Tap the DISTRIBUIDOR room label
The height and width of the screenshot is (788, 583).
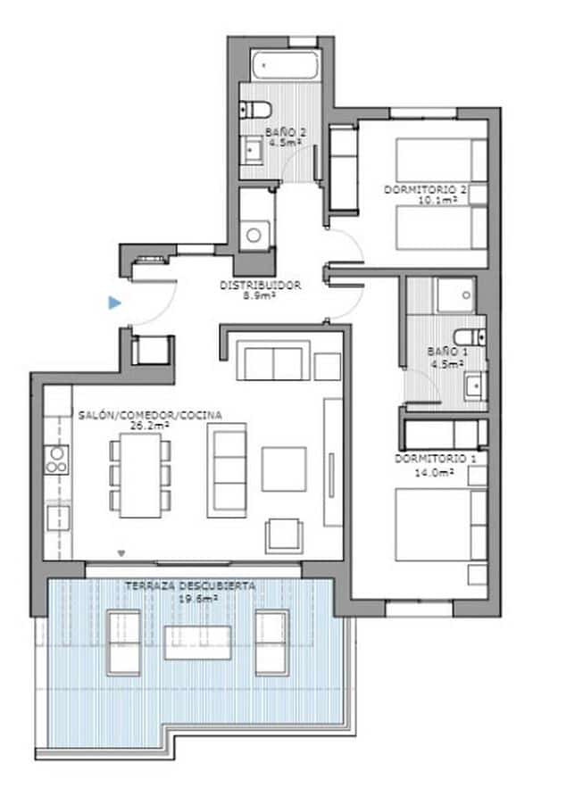tap(261, 286)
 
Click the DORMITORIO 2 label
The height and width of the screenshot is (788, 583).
tap(426, 190)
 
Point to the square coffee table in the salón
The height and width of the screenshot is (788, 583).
tap(283, 469)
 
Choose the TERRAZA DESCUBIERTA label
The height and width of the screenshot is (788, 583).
tap(190, 586)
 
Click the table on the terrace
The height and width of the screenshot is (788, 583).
tap(197, 642)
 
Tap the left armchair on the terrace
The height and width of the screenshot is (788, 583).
tap(123, 643)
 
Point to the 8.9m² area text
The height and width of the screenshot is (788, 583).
tap(261, 296)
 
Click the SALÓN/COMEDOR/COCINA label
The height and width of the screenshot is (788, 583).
tap(150, 415)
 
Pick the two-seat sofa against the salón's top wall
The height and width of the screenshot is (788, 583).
tap(272, 363)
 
